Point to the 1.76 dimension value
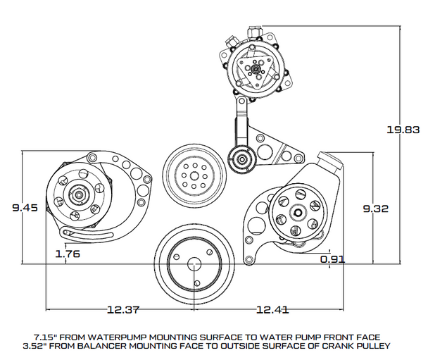pos(67,254)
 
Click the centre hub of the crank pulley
pos(193,263)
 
